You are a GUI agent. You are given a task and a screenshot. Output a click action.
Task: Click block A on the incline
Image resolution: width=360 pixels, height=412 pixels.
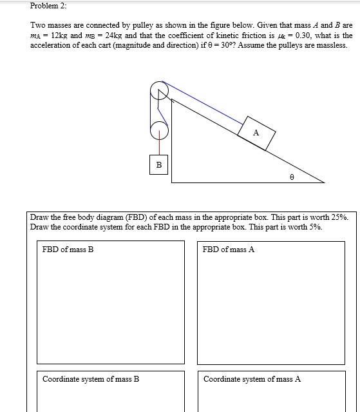[256, 132]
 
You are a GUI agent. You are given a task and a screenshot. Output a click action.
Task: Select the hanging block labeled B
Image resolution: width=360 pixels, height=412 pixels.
[158, 165]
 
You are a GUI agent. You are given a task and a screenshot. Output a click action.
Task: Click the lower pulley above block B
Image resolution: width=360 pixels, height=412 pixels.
[159, 131]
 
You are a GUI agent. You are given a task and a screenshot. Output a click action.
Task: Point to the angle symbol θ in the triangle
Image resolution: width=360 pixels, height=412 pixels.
[290, 174]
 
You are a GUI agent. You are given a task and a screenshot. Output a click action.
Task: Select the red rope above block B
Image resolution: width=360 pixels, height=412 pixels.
[158, 147]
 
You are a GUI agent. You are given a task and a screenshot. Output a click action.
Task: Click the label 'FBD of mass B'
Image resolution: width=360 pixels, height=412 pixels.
[68, 250]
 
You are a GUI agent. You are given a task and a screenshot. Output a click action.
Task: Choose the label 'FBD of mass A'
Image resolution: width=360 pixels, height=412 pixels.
[228, 250]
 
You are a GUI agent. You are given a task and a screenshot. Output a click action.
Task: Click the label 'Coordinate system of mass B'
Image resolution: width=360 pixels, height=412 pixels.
[91, 379]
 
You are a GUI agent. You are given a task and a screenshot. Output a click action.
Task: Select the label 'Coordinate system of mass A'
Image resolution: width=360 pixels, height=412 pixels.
[252, 379]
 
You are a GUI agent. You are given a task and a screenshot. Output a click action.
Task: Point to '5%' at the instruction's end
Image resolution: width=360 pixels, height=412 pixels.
[312, 227]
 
